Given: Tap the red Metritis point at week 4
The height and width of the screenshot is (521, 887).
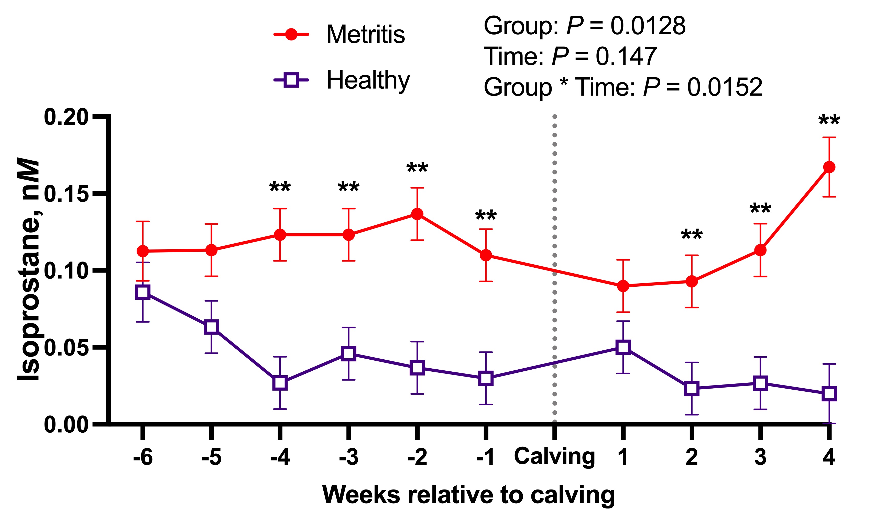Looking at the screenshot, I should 829,167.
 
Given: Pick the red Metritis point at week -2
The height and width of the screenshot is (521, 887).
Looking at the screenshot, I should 417,214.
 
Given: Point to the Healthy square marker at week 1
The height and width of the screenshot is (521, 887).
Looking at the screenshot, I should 623,347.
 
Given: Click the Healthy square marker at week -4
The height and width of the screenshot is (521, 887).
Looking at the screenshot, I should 280,383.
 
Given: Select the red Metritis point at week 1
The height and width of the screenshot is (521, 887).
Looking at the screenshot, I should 623,286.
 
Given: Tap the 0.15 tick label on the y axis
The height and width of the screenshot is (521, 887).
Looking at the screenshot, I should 66,194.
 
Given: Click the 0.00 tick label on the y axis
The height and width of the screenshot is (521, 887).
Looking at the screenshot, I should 66,424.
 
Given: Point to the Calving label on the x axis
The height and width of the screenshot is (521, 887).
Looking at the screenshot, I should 554,456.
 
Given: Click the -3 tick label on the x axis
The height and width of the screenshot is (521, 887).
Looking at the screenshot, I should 348,457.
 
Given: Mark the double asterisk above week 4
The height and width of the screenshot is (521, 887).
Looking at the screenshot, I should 829,121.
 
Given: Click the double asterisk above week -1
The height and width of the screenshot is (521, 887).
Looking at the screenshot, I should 486,215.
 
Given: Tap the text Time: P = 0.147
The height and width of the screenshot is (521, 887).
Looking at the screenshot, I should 570,56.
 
